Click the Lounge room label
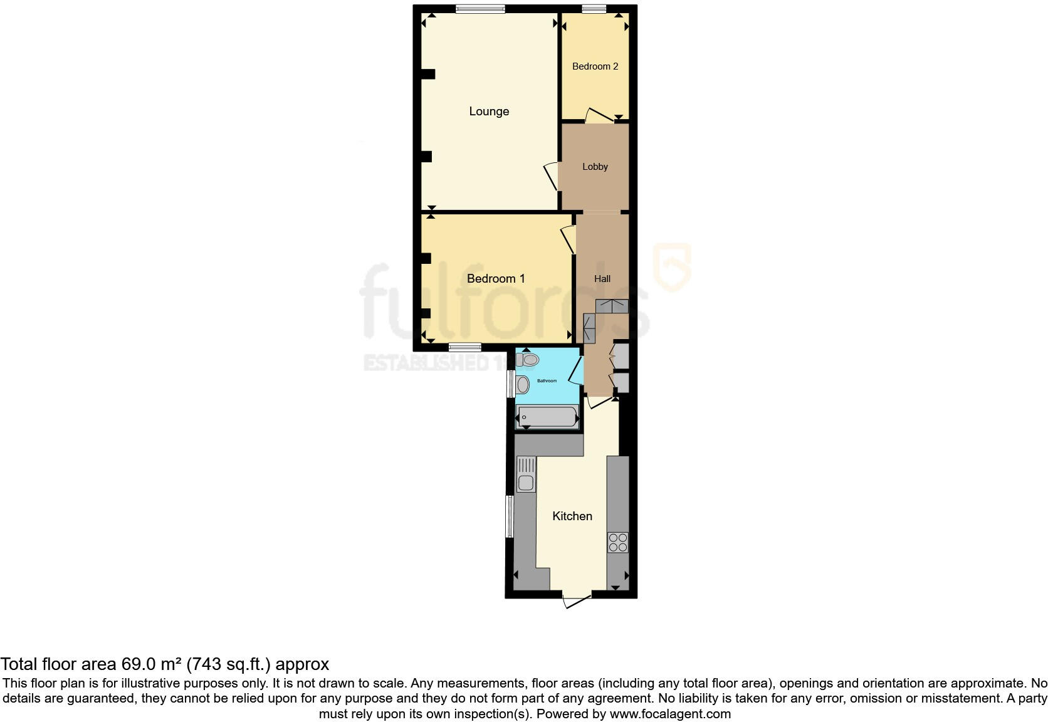click(489, 112)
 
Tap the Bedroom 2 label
click(595, 66)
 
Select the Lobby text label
click(595, 167)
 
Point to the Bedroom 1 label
click(496, 278)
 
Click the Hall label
click(602, 279)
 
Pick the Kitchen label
click(572, 516)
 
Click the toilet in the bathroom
click(528, 360)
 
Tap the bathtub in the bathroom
click(547, 417)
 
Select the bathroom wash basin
click(523, 385)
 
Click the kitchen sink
click(525, 483)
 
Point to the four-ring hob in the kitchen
click(617, 542)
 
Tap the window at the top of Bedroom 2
click(593, 9)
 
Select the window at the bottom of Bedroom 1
click(465, 347)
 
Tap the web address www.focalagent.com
click(670, 713)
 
